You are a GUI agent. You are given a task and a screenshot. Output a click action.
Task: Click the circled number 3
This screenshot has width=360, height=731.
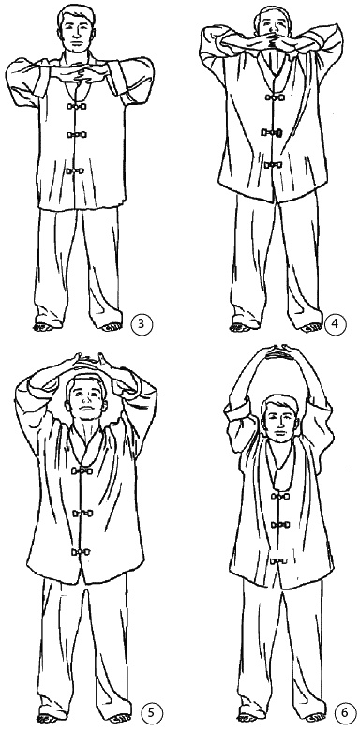pos(141,324)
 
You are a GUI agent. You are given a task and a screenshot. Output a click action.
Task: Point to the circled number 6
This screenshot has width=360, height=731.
pos(344,712)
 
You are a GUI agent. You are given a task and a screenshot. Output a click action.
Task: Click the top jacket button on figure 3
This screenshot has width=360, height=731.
pos(77,106)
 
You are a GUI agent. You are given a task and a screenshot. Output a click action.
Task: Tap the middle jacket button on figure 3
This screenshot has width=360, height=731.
pos(77,135)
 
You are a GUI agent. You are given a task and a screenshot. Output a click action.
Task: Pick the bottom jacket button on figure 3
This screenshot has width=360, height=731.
pos(75,172)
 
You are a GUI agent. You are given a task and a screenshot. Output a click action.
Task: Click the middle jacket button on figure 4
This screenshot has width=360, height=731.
pos(272,132)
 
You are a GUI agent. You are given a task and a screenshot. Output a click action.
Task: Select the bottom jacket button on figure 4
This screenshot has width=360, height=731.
pos(273,165)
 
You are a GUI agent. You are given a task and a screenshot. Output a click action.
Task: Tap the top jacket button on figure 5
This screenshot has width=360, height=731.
pos(82,470)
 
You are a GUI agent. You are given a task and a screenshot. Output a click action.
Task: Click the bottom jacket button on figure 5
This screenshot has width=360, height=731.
pos(81,552)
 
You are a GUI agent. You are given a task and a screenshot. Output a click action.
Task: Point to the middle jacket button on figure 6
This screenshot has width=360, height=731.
pos(279,525)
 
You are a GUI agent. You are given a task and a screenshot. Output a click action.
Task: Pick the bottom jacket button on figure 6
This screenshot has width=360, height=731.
pos(278,560)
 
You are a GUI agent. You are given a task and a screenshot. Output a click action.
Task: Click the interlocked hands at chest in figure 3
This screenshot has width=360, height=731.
pos(86,74)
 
